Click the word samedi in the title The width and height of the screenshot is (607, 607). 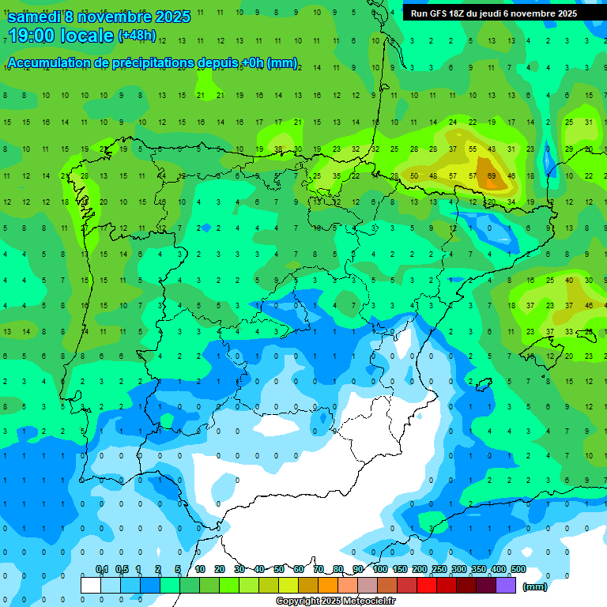(35, 17)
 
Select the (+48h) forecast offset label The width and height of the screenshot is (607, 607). (137, 36)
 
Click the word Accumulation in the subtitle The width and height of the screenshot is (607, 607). (49, 63)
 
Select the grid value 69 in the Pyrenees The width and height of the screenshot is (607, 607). (492, 175)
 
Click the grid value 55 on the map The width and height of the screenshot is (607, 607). (473, 149)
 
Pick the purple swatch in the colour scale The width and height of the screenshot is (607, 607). (506, 585)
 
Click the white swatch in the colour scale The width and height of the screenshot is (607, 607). (91, 585)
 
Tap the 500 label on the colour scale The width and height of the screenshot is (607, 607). (518, 570)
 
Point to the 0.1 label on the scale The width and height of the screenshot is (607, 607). (102, 570)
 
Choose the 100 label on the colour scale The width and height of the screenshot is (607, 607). (379, 570)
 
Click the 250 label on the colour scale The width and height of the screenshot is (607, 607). (439, 570)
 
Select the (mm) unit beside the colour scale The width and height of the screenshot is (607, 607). (535, 586)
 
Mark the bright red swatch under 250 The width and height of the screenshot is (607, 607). (427, 585)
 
